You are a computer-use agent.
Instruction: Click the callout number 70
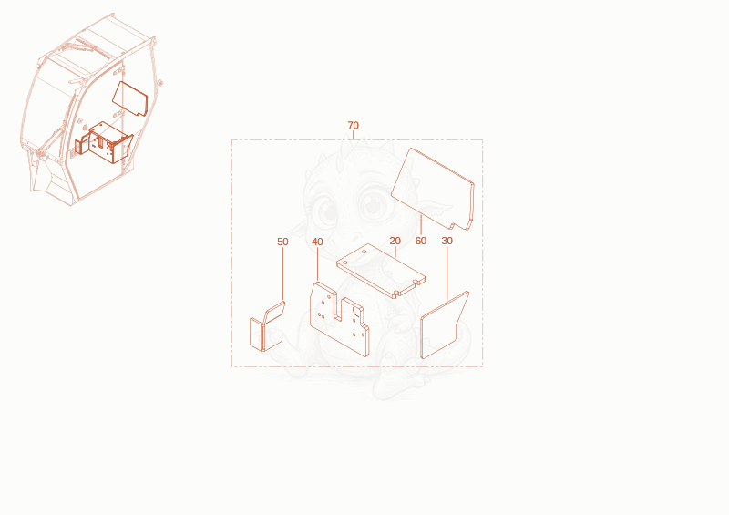pyautogui.click(x=354, y=126)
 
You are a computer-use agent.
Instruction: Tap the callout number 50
pyautogui.click(x=282, y=242)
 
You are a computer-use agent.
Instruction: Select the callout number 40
pyautogui.click(x=317, y=242)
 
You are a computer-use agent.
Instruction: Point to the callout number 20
pyautogui.click(x=395, y=241)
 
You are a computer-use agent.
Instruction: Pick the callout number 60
pyautogui.click(x=421, y=241)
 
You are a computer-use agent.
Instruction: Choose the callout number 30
pyautogui.click(x=447, y=241)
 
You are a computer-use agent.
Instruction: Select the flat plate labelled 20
pyautogui.click(x=380, y=270)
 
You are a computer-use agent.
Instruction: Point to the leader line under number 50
pyautogui.click(x=282, y=273)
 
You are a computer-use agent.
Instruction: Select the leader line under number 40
pyautogui.click(x=317, y=263)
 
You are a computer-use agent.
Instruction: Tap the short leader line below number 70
pyautogui.click(x=354, y=135)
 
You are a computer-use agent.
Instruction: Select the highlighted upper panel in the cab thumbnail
pyautogui.click(x=130, y=98)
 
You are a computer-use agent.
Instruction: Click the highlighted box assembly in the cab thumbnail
pyautogui.click(x=104, y=142)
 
